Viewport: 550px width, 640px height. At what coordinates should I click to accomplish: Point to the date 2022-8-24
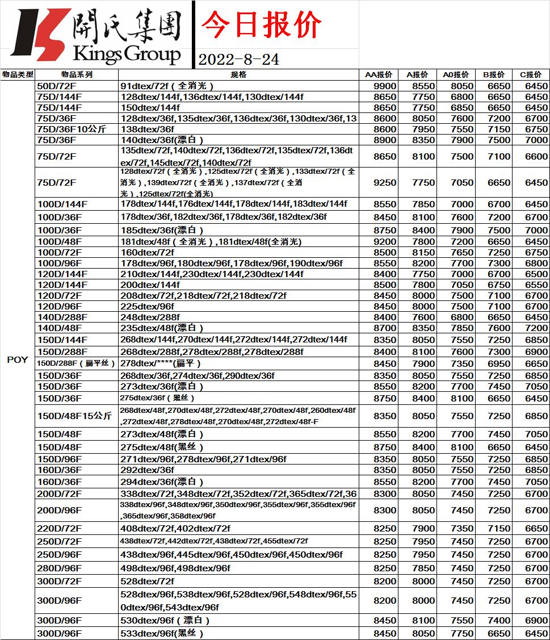(239, 60)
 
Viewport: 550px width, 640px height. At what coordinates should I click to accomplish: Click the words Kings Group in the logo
(127, 55)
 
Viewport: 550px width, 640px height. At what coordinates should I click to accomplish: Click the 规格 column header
(238, 74)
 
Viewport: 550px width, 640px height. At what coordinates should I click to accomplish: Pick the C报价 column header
(531, 74)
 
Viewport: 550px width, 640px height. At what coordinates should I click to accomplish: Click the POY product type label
(17, 360)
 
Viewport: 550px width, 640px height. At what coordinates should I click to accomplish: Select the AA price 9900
(385, 86)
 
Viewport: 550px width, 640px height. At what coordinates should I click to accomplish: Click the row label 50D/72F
(55, 86)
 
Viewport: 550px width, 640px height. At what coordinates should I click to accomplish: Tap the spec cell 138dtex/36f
(147, 129)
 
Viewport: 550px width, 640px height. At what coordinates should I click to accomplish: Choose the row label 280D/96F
(59, 568)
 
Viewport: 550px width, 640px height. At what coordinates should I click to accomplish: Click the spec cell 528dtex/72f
(147, 581)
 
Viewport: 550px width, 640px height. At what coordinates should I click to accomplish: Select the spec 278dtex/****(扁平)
(161, 363)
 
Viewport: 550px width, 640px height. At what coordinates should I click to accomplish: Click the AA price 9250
(385, 183)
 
